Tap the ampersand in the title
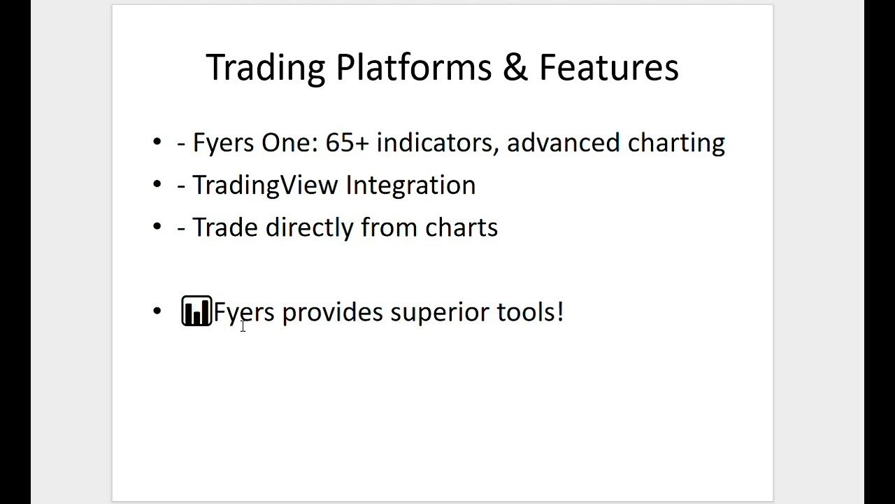[x=515, y=68]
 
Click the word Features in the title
[x=608, y=68]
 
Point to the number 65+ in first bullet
[x=347, y=143]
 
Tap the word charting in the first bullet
[x=676, y=143]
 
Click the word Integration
[x=410, y=185]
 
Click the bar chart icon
[x=196, y=311]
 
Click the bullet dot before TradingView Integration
[x=157, y=185]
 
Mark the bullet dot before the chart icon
[x=157, y=311]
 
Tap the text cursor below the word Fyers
[x=243, y=325]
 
